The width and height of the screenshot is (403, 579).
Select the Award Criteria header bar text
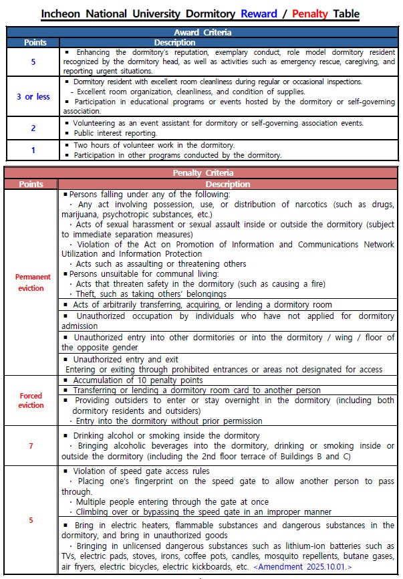(x=201, y=32)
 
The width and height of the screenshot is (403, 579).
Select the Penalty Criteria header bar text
(x=201, y=174)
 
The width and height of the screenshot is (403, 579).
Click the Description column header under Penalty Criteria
(x=228, y=184)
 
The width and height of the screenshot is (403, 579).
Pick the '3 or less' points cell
(x=33, y=97)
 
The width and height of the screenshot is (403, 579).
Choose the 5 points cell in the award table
(x=33, y=62)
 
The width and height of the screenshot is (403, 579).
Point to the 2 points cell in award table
(x=33, y=128)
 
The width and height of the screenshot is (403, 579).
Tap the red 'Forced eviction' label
(x=31, y=400)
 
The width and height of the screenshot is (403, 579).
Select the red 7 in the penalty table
(x=31, y=447)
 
